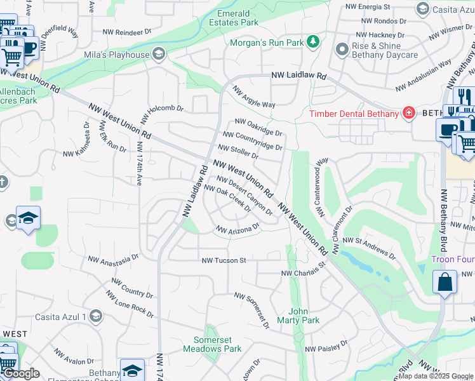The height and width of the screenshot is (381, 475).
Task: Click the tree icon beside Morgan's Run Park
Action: click(x=312, y=43)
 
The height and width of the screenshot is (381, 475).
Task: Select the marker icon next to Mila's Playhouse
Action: click(x=158, y=55)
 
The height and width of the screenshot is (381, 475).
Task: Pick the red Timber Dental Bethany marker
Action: click(x=409, y=114)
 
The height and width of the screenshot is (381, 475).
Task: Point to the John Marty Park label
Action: click(x=304, y=316)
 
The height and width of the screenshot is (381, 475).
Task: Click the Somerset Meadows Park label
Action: click(x=212, y=344)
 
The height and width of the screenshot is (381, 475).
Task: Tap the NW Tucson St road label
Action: click(x=224, y=260)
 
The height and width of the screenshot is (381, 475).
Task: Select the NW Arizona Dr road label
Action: click(x=238, y=228)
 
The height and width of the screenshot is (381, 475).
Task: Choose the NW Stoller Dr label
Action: click(x=238, y=152)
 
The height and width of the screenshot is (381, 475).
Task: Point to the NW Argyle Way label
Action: click(x=254, y=98)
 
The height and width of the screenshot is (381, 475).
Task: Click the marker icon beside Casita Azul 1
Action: click(x=95, y=316)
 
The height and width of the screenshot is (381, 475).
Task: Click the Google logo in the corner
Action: click(x=20, y=373)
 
